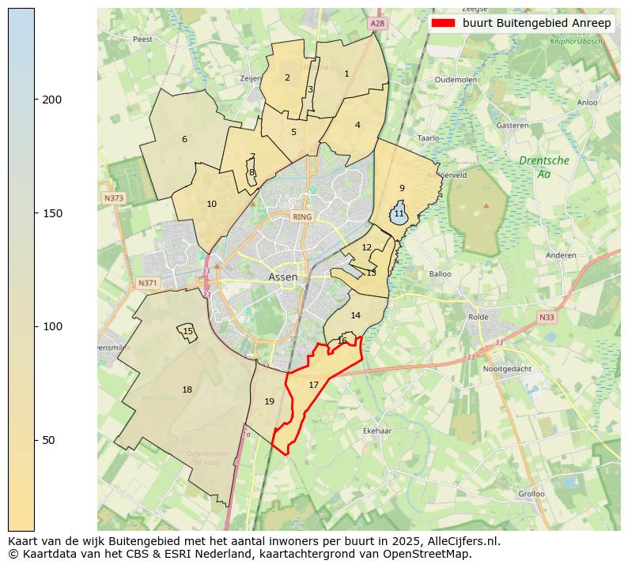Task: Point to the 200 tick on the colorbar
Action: pos(35,100)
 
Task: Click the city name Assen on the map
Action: pos(283,277)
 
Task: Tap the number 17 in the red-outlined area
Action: pos(314,385)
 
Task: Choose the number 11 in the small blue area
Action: pos(399,214)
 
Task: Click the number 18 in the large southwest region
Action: pos(187,389)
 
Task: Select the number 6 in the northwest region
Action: pos(184,140)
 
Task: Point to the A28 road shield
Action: pos(377,24)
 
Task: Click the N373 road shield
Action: pos(113,198)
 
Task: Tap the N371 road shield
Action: pos(148,283)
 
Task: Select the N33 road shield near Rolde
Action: pos(547,318)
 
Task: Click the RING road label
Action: pos(302,216)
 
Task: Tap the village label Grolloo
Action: pos(532,494)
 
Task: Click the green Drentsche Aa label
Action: pos(543,167)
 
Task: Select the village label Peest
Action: pos(142,39)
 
